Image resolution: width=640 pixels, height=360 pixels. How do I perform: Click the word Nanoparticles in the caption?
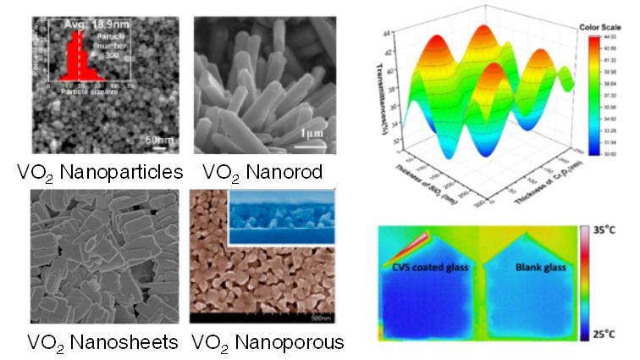(x=128, y=172)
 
